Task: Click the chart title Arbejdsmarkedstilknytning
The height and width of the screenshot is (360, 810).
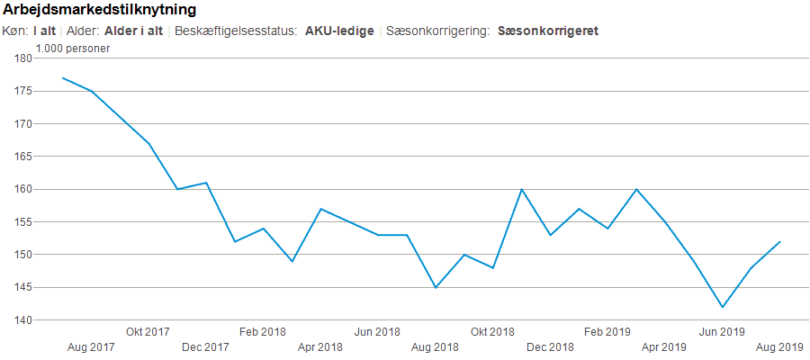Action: point(100,11)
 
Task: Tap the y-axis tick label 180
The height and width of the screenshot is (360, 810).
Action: point(22,58)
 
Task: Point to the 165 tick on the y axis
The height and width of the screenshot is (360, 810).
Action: point(22,157)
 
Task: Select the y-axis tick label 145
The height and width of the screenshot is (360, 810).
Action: point(22,287)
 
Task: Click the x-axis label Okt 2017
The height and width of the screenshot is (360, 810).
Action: point(148,331)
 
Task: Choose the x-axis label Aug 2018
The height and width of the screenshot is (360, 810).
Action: point(435,346)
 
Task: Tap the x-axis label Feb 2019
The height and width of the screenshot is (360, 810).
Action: point(607,331)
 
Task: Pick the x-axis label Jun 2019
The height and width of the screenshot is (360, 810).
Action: point(722,331)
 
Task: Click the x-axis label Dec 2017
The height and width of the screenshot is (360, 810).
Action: point(205,346)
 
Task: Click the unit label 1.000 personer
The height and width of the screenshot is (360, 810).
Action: point(73,48)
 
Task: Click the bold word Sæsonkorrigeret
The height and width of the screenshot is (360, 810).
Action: point(547,31)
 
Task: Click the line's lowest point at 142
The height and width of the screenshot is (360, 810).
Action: point(722,307)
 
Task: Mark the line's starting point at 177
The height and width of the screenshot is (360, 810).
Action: point(62,78)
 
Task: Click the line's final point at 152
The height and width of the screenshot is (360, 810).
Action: point(779,241)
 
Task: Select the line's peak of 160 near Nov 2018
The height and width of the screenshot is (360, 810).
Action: point(521,189)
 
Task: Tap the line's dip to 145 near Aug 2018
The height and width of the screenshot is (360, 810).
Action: point(436,287)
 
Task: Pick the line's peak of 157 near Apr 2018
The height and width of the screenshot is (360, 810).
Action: point(320,209)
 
